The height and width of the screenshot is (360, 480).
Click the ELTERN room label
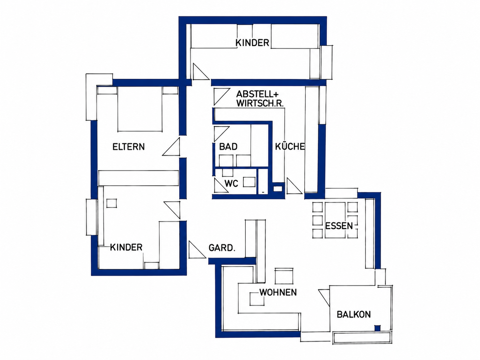129,147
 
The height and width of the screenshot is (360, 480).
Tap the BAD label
228,147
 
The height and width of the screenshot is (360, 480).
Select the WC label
231,184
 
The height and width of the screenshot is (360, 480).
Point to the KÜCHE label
290,146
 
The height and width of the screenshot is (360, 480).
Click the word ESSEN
339,226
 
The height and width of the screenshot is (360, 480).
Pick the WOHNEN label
278,292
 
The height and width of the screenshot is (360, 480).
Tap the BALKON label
354,315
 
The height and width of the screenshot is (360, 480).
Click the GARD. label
222,248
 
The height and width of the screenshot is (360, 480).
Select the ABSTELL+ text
258,94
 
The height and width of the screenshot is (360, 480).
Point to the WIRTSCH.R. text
260,104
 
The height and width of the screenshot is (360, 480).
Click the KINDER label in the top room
252,43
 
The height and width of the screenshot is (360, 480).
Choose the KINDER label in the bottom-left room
126,247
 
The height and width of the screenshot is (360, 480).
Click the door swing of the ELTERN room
171,147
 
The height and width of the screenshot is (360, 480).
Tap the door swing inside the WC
221,185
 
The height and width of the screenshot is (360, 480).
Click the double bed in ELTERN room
140,109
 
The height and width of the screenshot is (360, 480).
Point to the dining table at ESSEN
335,220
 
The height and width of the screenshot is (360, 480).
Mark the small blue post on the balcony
377,328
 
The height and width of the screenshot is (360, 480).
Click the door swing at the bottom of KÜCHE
294,186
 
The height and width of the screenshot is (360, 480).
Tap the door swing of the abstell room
222,97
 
